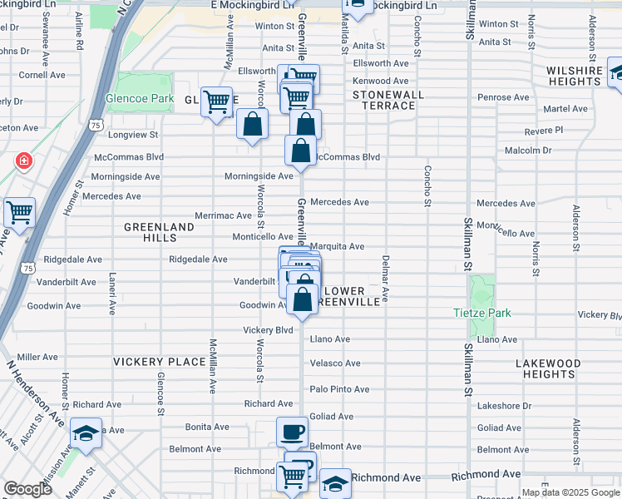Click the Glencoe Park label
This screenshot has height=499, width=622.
140,97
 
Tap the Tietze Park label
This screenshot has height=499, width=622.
482,313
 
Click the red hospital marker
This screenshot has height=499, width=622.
23,160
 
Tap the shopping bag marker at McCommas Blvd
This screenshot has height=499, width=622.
300,151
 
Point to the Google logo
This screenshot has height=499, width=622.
27,489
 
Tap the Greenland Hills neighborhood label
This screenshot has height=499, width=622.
159,232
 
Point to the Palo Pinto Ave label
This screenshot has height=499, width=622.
339,389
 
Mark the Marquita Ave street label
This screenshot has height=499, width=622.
337,246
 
